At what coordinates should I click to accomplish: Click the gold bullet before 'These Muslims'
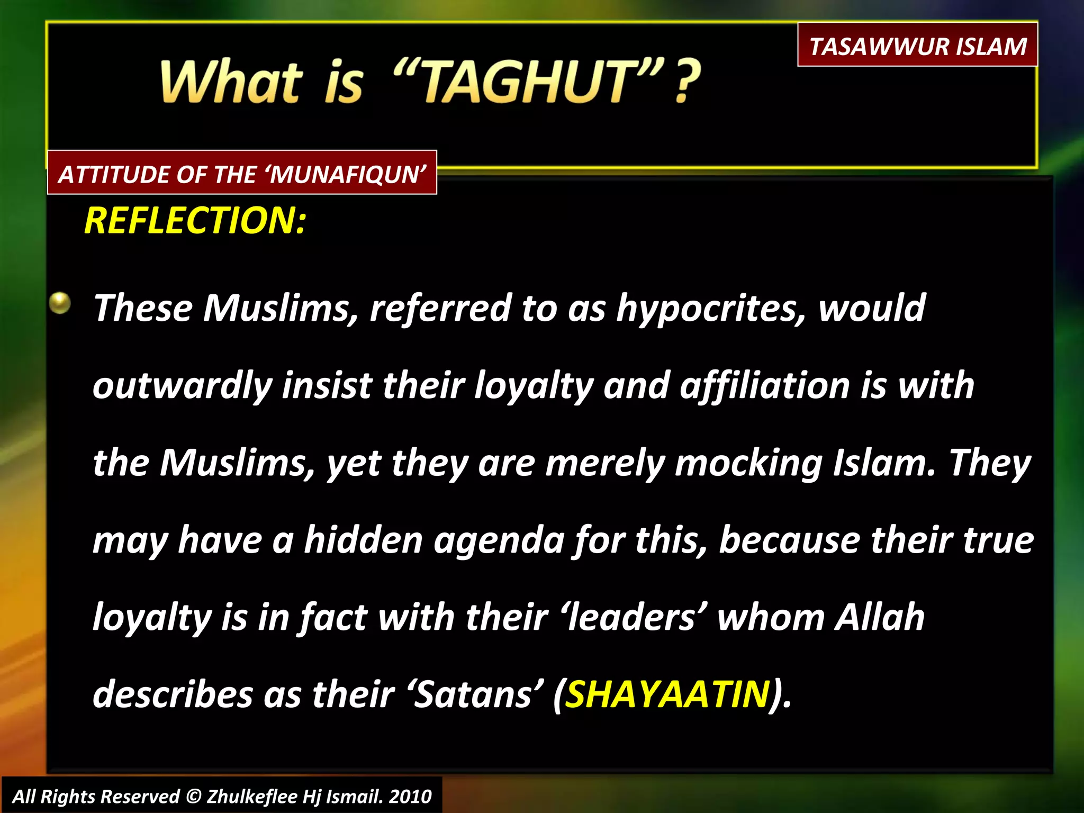click(60, 304)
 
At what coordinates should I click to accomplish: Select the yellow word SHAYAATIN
click(667, 694)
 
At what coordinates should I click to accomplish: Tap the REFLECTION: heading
click(195, 220)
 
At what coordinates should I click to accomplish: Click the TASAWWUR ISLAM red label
click(917, 46)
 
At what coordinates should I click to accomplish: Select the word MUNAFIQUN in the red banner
click(347, 175)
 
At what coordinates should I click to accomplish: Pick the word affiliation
click(765, 385)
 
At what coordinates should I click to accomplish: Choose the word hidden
click(364, 540)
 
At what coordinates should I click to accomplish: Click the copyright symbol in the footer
click(194, 797)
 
